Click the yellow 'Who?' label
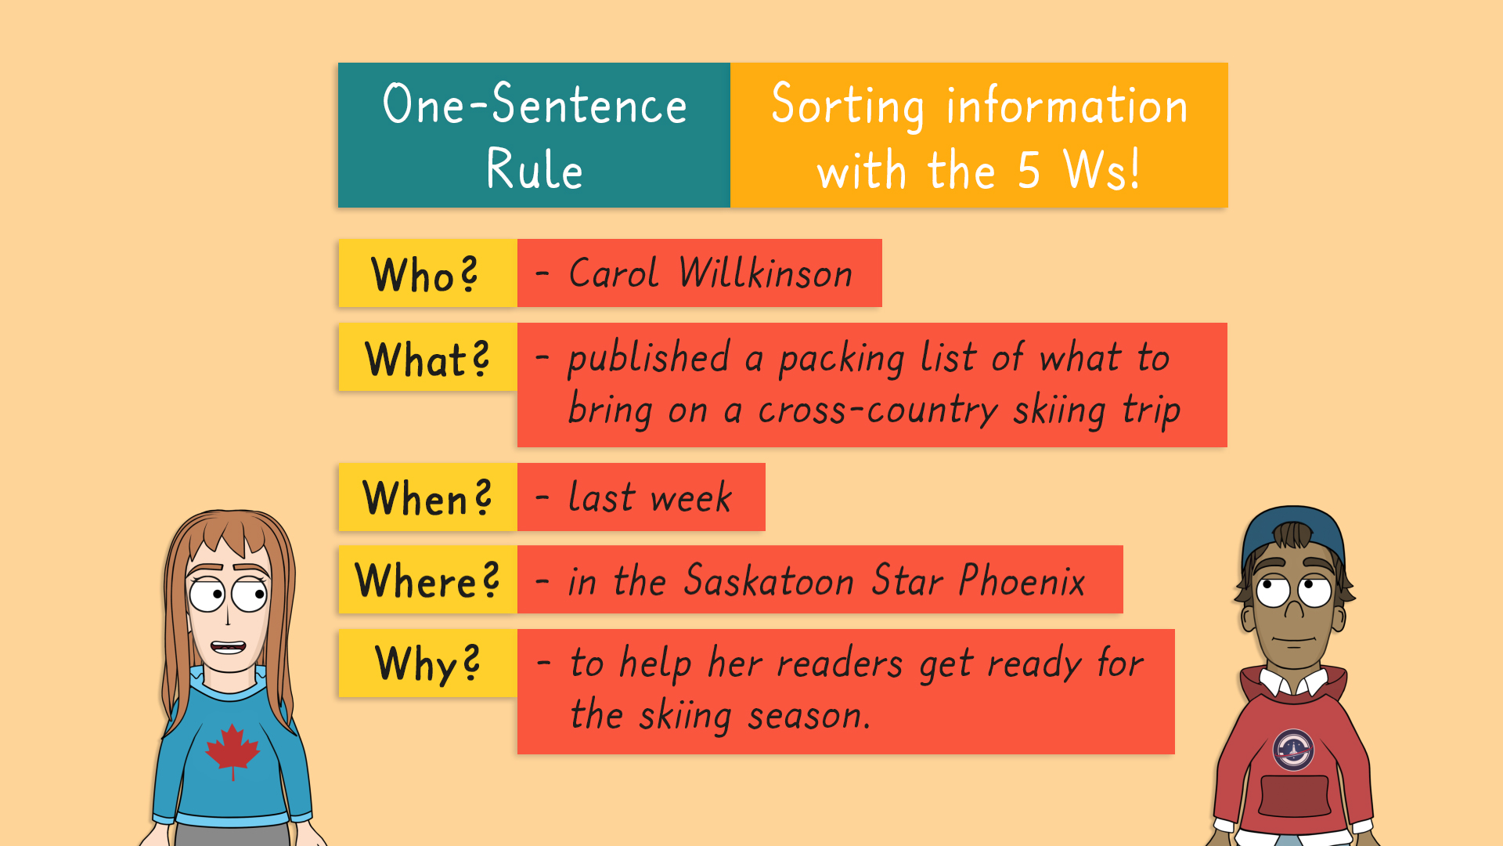[427, 273]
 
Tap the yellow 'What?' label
[427, 357]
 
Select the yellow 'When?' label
[427, 497]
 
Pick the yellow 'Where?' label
[427, 580]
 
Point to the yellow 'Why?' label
[427, 663]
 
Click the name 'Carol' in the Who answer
[614, 273]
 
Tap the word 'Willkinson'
[766, 273]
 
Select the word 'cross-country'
[878, 410]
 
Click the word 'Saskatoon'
[769, 580]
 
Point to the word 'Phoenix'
[1022, 580]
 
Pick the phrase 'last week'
[651, 497]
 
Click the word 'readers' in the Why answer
[840, 664]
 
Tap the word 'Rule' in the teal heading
[535, 168]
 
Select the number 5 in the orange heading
[1029, 170]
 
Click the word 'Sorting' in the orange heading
[848, 106]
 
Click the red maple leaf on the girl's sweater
[232, 750]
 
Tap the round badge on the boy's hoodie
[1293, 750]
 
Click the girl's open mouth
[229, 647]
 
